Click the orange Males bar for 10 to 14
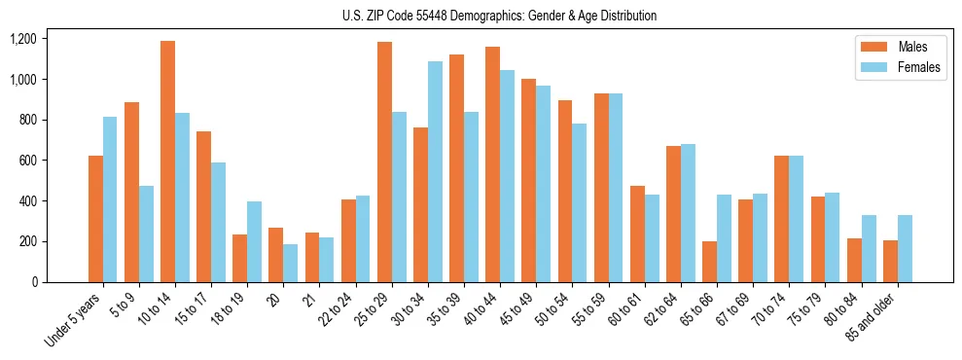167,162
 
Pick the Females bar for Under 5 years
110,199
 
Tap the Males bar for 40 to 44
492,164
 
